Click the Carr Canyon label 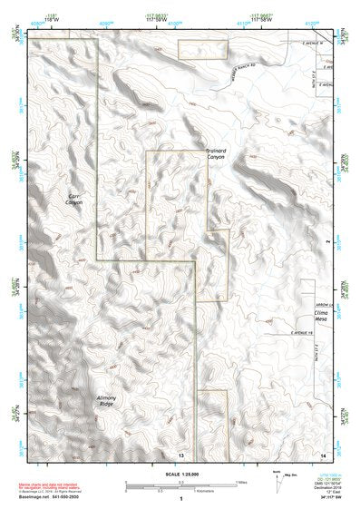74,199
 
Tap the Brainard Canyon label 215,154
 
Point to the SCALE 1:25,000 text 180,473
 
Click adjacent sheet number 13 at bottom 181,454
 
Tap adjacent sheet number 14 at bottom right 323,454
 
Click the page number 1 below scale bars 180,499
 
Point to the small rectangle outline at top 201,50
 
